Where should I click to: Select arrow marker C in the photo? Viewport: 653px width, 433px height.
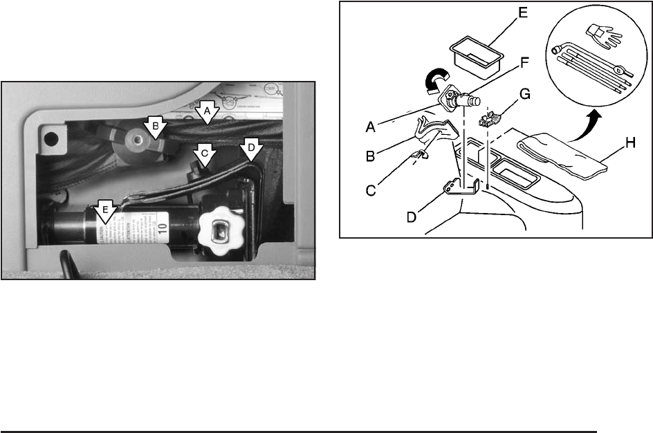coord(203,154)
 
